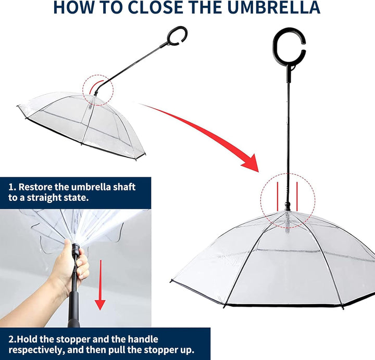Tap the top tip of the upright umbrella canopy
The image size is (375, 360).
click(x=286, y=212)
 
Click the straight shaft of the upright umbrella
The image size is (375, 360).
click(x=287, y=130)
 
